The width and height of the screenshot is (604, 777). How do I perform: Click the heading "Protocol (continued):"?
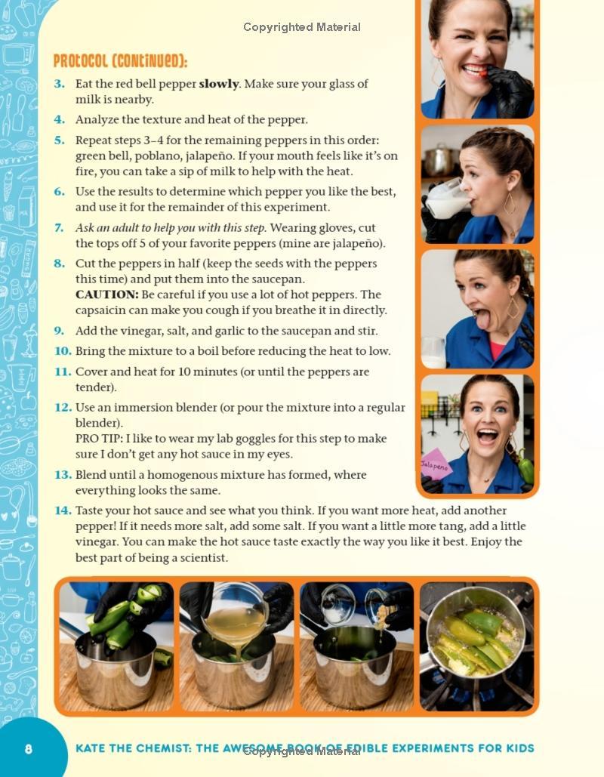click(x=120, y=61)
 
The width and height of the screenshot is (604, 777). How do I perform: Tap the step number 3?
click(x=60, y=84)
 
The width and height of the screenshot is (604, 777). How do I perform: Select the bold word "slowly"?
click(x=218, y=84)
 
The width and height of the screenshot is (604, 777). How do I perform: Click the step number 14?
click(x=63, y=510)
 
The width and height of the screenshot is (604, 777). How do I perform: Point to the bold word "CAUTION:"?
click(x=107, y=294)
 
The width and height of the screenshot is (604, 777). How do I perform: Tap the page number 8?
click(x=28, y=748)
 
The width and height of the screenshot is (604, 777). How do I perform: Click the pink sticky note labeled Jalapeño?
click(x=436, y=465)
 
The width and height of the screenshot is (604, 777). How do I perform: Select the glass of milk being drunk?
click(x=448, y=199)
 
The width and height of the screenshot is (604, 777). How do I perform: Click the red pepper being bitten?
click(x=482, y=72)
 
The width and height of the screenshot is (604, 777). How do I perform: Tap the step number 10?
click(x=63, y=351)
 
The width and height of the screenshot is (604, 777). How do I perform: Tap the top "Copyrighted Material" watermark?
click(x=302, y=27)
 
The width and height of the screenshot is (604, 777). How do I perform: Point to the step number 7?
click(x=60, y=228)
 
